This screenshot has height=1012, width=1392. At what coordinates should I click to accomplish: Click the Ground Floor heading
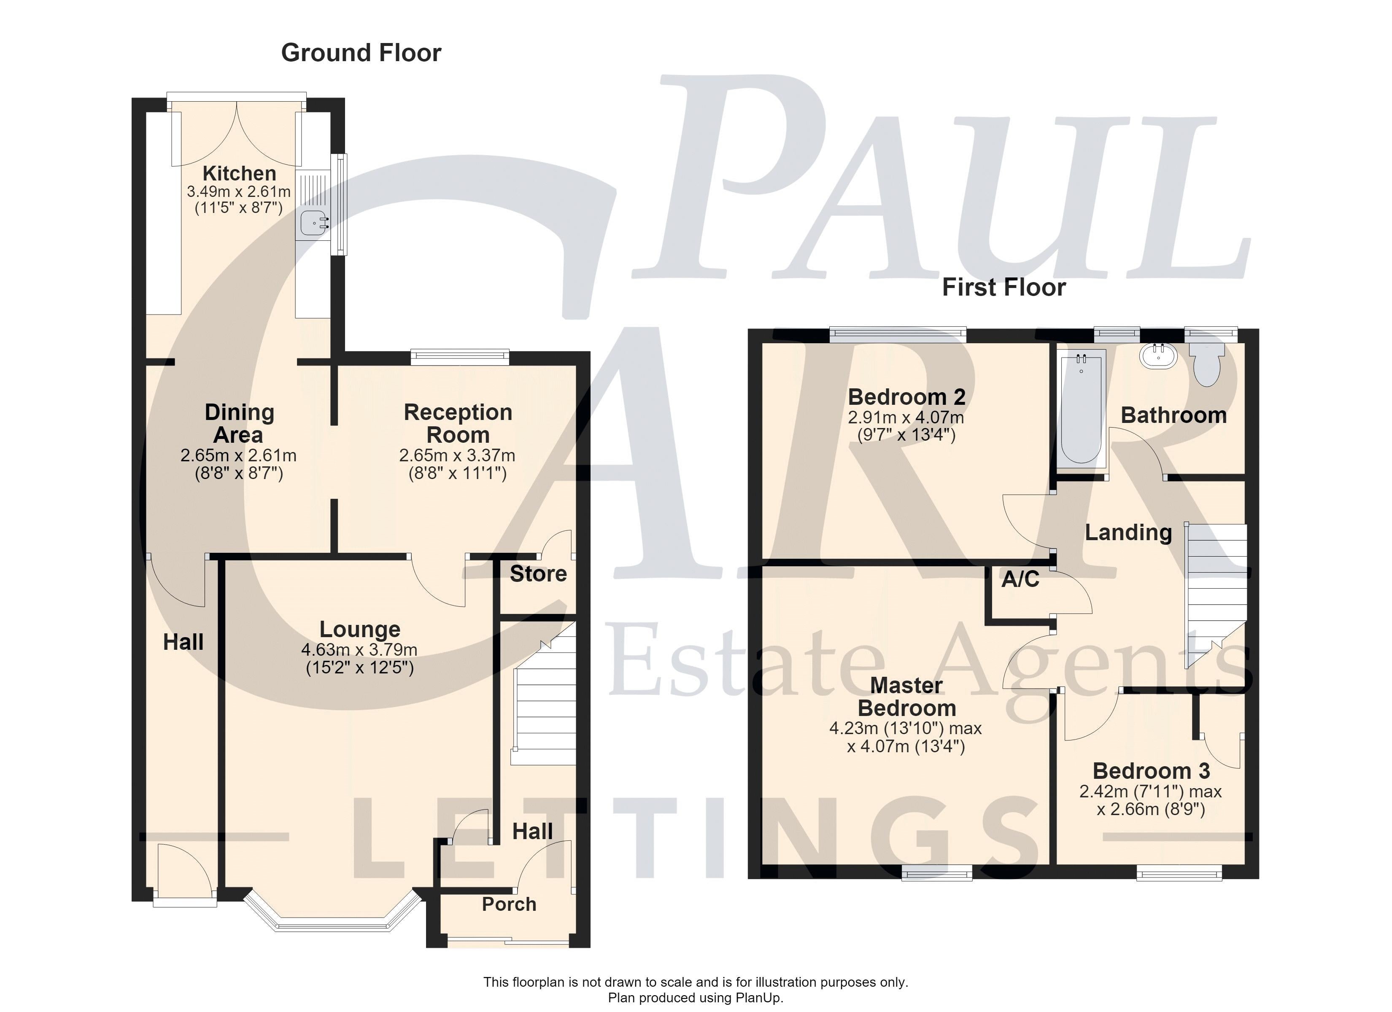361,53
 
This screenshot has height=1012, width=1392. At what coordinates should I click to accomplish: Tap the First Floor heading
1004,287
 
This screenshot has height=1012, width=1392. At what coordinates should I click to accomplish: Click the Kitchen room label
239,173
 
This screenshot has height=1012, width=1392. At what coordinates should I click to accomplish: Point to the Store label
538,574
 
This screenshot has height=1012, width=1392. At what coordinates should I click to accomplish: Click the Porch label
510,904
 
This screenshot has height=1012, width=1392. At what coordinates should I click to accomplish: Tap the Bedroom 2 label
906,397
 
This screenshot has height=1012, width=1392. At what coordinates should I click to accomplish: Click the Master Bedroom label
906,697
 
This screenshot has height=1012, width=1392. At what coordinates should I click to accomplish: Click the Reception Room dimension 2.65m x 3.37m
457,456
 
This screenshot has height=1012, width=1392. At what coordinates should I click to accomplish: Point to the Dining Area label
239,423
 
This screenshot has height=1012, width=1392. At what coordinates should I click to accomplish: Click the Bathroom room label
1173,415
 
